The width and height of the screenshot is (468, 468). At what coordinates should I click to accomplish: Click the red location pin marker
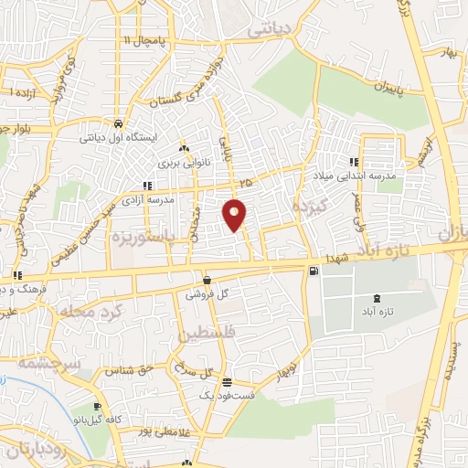point(235,214)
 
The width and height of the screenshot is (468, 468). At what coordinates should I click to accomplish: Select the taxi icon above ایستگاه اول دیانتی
point(119,123)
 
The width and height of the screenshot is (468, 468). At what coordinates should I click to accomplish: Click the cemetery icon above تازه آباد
point(378,299)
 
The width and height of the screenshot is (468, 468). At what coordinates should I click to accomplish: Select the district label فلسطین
point(208,334)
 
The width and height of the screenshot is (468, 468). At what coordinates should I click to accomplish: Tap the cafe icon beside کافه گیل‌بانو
point(96,407)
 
